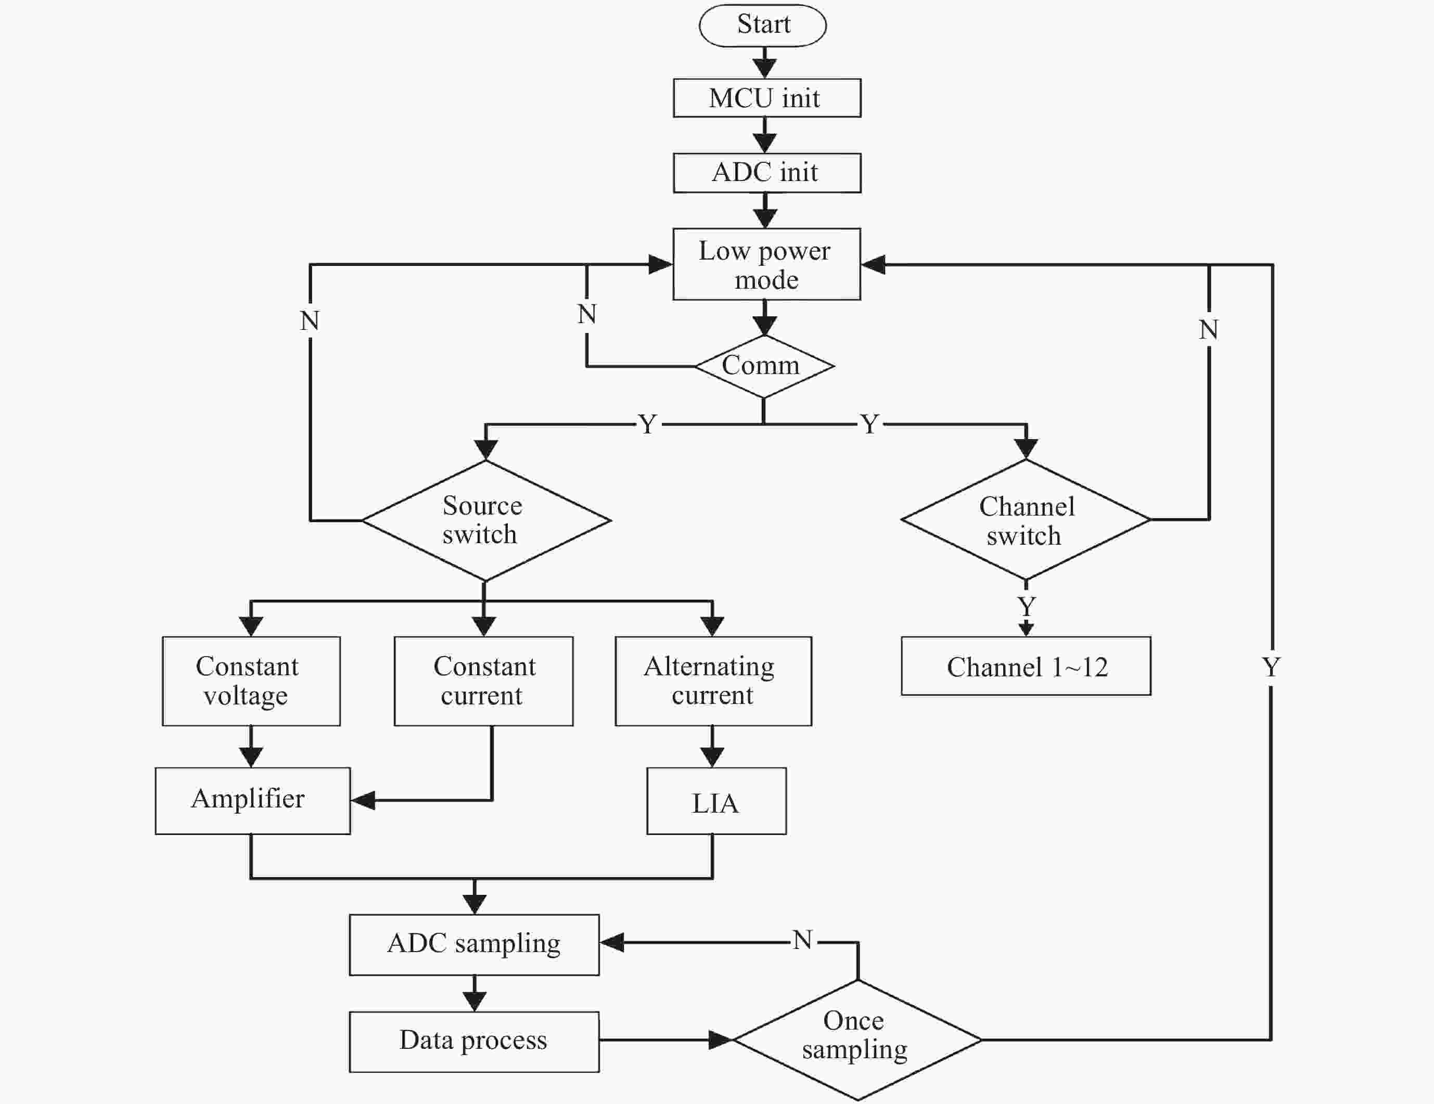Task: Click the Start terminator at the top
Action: click(763, 25)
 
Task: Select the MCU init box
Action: click(767, 98)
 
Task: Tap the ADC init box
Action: click(767, 173)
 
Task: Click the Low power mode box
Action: click(767, 264)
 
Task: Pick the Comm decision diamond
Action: click(764, 366)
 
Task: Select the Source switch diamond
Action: click(486, 520)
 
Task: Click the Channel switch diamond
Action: click(1026, 519)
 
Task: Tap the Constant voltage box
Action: click(251, 682)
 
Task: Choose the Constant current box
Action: click(484, 682)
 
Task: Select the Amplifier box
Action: click(253, 801)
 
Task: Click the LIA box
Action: click(716, 801)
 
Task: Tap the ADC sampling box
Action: click(474, 944)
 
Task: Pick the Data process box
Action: click(474, 1042)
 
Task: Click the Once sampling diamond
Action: click(857, 1039)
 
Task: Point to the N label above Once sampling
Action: click(802, 940)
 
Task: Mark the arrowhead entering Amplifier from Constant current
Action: click(363, 800)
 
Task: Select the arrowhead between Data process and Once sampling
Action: click(721, 1039)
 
